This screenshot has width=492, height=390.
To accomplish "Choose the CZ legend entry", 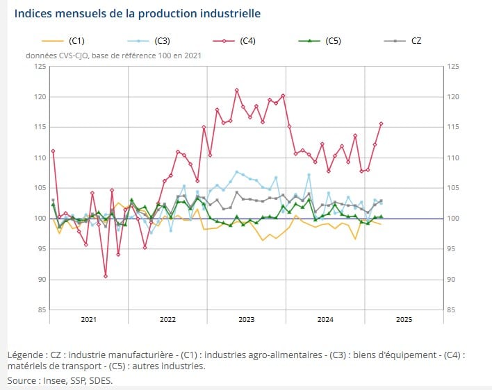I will point(416,41).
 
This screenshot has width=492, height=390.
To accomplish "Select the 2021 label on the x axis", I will point(88,320).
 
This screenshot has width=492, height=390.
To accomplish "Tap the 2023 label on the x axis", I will point(247,320).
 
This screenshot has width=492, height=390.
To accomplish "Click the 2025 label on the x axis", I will point(404,320).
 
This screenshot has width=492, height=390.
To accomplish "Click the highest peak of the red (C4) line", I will point(237,90).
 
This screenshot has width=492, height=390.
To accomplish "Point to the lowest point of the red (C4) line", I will point(106,276).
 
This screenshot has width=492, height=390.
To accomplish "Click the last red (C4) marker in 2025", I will point(381,124).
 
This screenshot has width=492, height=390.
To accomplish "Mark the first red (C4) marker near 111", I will point(53,151).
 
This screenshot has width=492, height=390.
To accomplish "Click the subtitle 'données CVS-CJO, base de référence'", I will point(114,55).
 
